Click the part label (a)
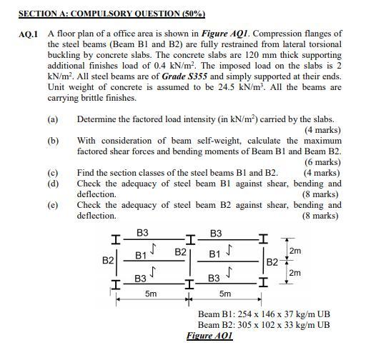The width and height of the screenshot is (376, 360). (x=53, y=119)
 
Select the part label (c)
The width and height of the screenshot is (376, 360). (x=53, y=173)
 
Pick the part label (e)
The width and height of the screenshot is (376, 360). (x=53, y=205)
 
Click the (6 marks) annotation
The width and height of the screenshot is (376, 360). (x=322, y=162)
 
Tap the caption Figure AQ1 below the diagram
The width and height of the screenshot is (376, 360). (x=209, y=336)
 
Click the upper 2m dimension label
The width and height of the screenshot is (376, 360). (x=295, y=251)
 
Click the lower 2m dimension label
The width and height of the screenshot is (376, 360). (x=295, y=272)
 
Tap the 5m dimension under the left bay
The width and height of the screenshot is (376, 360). (x=151, y=294)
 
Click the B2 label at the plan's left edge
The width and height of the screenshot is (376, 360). (x=108, y=261)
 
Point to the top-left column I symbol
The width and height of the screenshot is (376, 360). (x=115, y=239)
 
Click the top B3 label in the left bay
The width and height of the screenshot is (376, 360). (x=142, y=233)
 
